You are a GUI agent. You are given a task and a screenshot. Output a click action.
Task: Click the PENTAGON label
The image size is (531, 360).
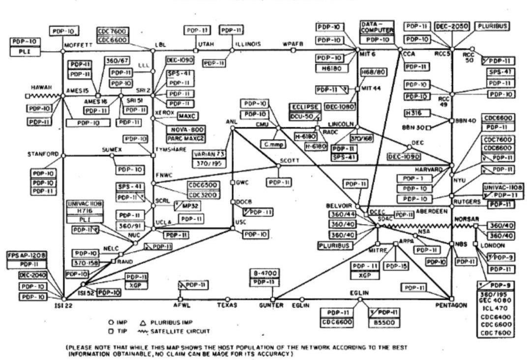[451, 305]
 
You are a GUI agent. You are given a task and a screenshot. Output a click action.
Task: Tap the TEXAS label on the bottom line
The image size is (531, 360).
[228, 305]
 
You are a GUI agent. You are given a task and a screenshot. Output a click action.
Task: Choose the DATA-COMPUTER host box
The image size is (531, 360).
[378, 27]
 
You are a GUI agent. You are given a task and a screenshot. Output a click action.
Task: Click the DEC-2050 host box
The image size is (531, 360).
[452, 26]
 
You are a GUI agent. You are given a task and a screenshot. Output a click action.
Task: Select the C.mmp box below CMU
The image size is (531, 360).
[271, 145]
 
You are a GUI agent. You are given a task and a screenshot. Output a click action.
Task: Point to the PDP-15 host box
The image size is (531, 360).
[396, 266]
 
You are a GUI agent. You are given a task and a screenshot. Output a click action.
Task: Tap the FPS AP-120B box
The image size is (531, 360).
[27, 256]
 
